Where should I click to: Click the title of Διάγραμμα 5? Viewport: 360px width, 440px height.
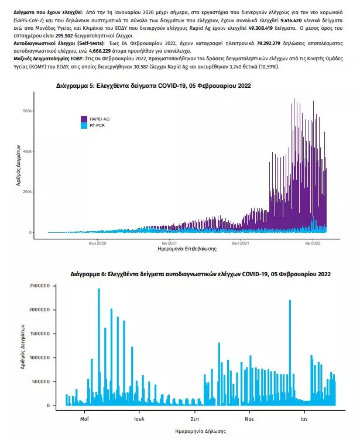pyautogui.click(x=153, y=86)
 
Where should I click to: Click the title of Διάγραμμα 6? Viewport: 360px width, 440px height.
pyautogui.click(x=200, y=273)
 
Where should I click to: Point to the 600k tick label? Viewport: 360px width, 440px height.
pyautogui.click(x=35, y=111)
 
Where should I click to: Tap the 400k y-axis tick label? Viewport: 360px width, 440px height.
pyautogui.click(x=35, y=151)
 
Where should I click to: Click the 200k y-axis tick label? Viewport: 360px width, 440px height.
pyautogui.click(x=35, y=192)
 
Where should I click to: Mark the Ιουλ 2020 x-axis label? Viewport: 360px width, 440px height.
pyautogui.click(x=97, y=242)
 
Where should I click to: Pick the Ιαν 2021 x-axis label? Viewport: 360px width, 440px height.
pyautogui.click(x=170, y=242)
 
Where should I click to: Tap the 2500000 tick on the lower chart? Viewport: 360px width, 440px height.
pyautogui.click(x=37, y=285)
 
